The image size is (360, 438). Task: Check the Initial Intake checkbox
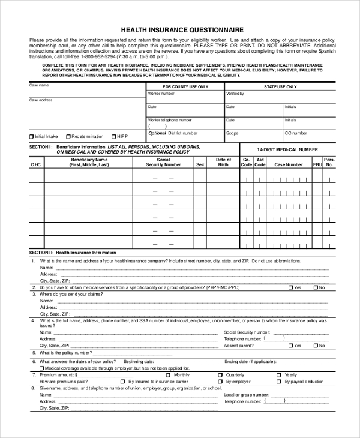(32, 136)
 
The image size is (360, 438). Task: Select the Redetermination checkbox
(68, 136)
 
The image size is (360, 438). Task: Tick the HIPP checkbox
(113, 136)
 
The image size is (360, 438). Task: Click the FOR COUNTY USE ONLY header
(185, 86)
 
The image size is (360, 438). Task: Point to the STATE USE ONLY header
(280, 86)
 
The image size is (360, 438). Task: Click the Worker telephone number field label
(170, 120)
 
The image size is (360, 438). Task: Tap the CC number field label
(296, 133)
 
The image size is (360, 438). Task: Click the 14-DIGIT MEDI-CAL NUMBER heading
(287, 149)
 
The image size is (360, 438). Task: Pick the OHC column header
(36, 164)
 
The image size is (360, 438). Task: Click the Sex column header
(200, 164)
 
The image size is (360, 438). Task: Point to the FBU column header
(317, 164)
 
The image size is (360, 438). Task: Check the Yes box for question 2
(291, 288)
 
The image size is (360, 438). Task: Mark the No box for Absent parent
(315, 346)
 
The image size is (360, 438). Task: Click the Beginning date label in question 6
(138, 362)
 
